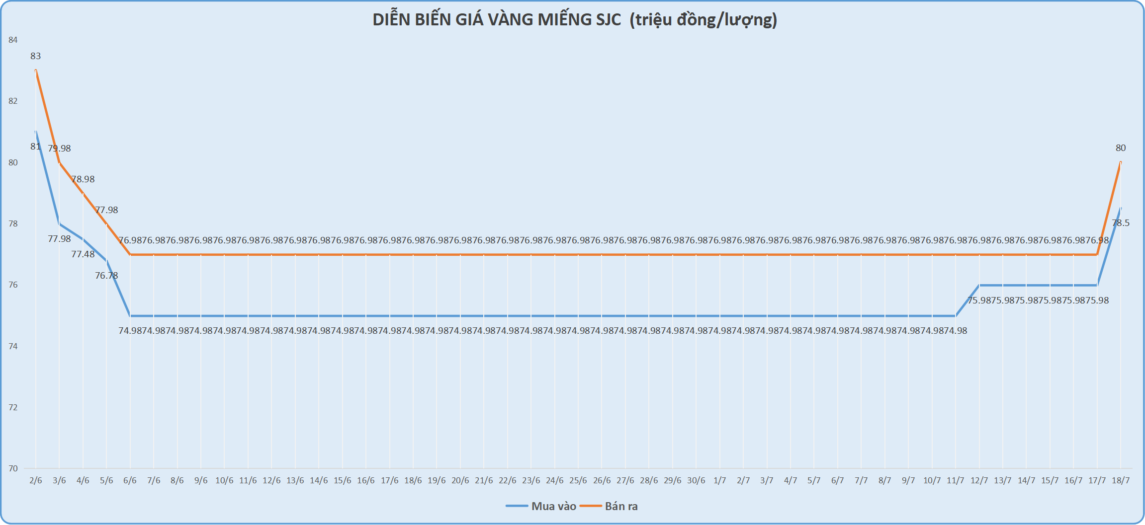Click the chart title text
coord(575,20)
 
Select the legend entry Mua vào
coord(553,506)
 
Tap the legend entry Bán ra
coord(620,506)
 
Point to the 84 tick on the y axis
coord(13,40)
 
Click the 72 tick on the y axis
coord(13,407)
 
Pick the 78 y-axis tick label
coord(13,224)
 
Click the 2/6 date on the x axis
coord(36,480)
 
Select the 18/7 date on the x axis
coord(1121,480)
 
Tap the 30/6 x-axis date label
coord(696,480)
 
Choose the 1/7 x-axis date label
coord(719,480)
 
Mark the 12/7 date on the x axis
coord(979,480)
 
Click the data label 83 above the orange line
coord(36,56)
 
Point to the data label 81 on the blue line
coord(35,147)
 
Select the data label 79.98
coord(60,149)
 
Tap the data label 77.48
coord(83,254)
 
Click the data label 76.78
coord(107,276)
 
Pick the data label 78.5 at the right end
coord(1121,223)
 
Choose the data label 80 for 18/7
coord(1121,148)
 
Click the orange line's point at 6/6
coord(130,254)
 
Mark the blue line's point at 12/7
coord(979,285)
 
